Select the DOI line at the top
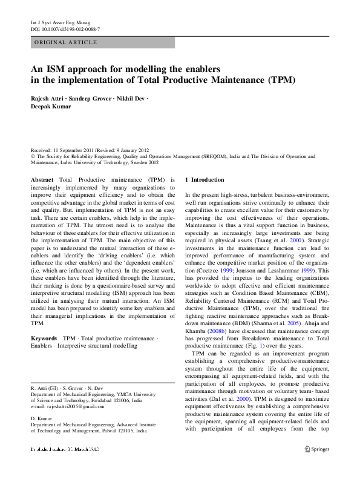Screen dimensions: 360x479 click(65, 29)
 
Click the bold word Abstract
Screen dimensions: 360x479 click(43, 180)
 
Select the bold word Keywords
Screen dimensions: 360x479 click(44, 338)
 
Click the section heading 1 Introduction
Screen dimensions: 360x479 click(205, 180)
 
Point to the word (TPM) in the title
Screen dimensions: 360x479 click(281, 79)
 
